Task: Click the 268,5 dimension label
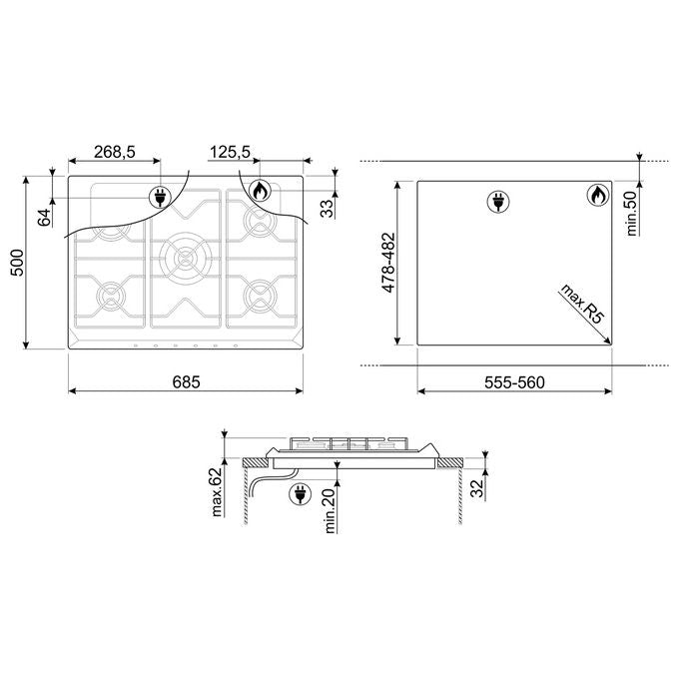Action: coord(115,152)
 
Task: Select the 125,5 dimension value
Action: coord(230,152)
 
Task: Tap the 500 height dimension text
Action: coord(18,263)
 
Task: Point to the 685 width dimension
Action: coord(186,381)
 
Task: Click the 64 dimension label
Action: coord(44,218)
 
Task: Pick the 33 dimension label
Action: coord(328,208)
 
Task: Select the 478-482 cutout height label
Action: coord(388,263)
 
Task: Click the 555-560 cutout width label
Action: coord(514,382)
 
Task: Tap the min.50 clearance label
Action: coord(632,213)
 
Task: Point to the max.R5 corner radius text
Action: coord(582,304)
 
